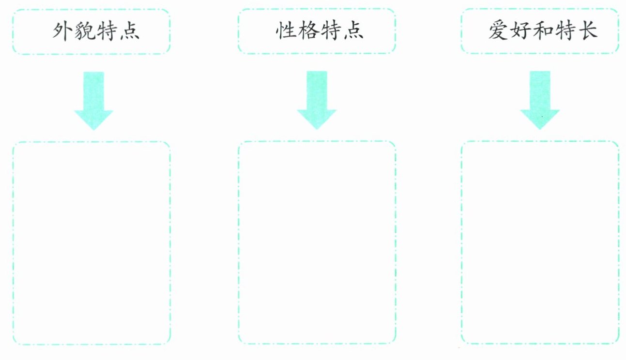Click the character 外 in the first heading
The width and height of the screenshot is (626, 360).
[x=62, y=31]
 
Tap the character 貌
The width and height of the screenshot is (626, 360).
[x=84, y=31]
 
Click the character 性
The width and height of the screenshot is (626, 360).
[x=286, y=31]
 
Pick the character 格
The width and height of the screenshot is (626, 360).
[x=307, y=31]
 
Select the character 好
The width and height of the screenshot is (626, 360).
[x=520, y=31]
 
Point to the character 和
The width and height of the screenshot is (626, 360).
[x=543, y=31]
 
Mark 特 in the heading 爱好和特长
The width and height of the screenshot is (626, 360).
[x=565, y=31]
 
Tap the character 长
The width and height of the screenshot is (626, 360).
[x=587, y=31]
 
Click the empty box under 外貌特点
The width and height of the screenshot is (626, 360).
[x=91, y=243]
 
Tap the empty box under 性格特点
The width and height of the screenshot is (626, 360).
[x=317, y=243]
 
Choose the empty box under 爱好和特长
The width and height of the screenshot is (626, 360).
[x=540, y=243]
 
